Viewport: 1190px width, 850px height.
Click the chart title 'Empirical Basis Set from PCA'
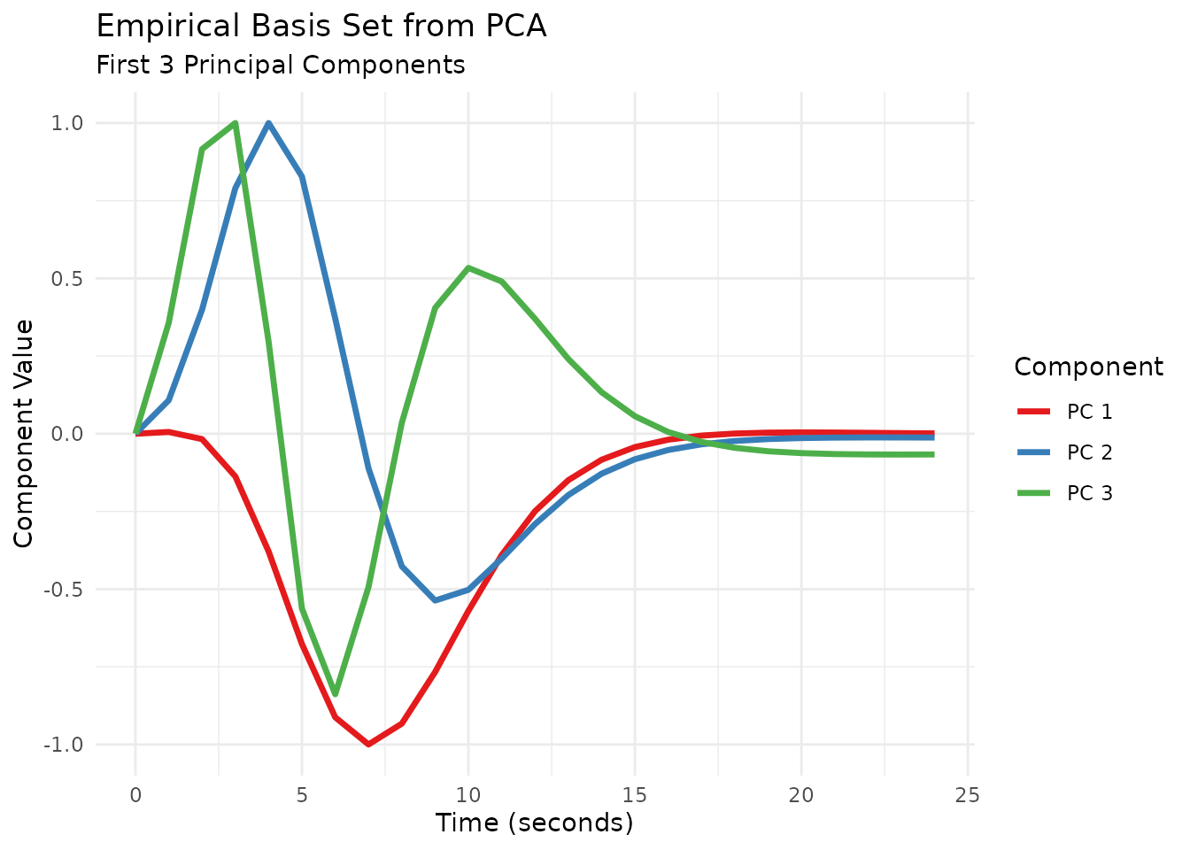321,27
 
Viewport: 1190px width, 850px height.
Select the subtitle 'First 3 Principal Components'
281,66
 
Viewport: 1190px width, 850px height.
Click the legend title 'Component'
1088,367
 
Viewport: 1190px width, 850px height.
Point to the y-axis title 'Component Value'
24,434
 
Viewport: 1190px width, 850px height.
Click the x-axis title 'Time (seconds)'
535,823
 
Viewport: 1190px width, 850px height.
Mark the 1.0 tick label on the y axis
69,123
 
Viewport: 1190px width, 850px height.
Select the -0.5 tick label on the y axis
66,590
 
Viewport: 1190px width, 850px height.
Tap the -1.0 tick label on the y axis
66,745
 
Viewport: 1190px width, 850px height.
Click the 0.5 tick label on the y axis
69,279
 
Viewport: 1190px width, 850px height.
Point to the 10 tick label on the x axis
468,795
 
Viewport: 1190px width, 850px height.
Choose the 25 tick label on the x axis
968,795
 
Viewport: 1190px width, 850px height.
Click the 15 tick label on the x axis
635,795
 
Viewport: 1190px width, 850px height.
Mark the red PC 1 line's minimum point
368,745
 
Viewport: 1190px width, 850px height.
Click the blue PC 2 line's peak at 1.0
268,123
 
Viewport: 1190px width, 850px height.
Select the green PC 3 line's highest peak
235,123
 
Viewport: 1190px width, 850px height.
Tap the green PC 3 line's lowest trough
335,694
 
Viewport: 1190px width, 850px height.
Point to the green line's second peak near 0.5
468,267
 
